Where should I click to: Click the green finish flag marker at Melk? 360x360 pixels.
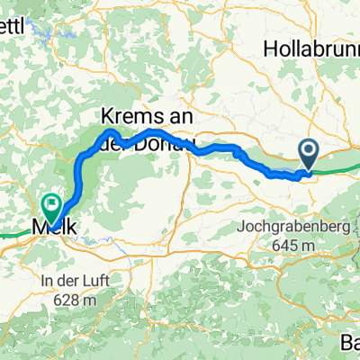[x=52, y=207]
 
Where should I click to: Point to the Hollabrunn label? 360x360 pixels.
[x=311, y=50]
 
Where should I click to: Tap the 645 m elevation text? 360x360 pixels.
[x=292, y=246]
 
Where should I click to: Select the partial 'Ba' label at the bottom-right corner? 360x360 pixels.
[x=350, y=343]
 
